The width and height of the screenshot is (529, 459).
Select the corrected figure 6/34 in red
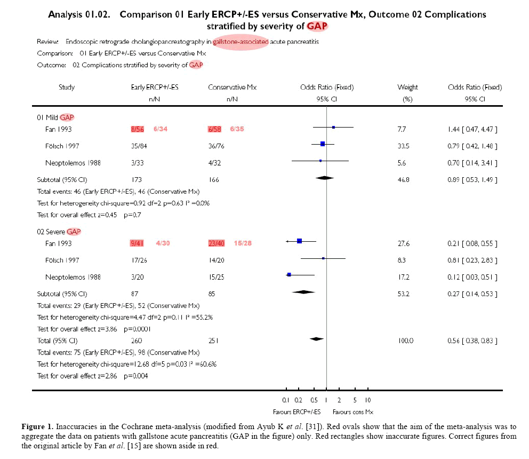(161, 129)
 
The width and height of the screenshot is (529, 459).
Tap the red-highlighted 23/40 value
(217, 243)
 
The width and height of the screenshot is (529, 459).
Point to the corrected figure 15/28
(242, 243)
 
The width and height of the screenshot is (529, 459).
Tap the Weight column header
(407, 87)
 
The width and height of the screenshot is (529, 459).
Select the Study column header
(67, 87)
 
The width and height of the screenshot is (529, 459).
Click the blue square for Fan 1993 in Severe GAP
(300, 241)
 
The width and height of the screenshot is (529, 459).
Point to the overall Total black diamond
(317, 339)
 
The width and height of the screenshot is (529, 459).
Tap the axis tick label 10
(367, 400)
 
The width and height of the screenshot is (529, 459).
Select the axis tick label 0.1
(285, 400)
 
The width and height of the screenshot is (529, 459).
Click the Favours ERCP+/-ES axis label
(297, 411)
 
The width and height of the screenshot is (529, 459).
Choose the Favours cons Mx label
(352, 411)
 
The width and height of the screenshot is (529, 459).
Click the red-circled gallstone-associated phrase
(241, 41)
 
